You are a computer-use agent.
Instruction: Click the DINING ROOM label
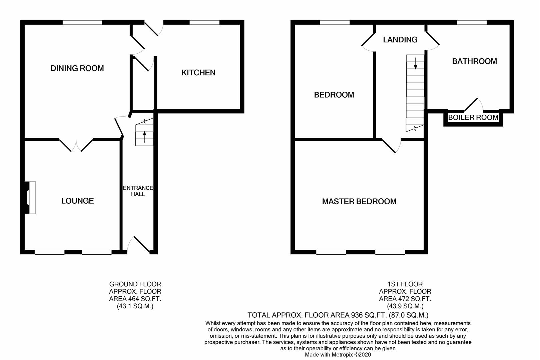click(77, 68)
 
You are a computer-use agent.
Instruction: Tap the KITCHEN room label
click(198, 73)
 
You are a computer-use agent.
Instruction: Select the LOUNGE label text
click(77, 201)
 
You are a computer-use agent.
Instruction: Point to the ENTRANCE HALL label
click(138, 191)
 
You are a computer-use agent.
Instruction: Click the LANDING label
click(400, 40)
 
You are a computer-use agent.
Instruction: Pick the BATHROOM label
click(474, 61)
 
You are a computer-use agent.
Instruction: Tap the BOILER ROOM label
click(473, 118)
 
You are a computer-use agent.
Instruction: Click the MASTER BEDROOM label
click(359, 201)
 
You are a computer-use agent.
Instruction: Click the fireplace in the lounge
click(30, 197)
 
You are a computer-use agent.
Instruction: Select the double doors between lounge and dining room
click(76, 145)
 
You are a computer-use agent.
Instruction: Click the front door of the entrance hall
click(141, 245)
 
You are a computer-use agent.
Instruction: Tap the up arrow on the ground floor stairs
click(144, 135)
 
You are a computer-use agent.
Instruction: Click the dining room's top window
click(82, 23)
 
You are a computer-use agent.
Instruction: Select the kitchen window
click(204, 23)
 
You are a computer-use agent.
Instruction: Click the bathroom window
click(472, 23)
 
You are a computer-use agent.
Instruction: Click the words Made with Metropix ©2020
click(338, 355)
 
